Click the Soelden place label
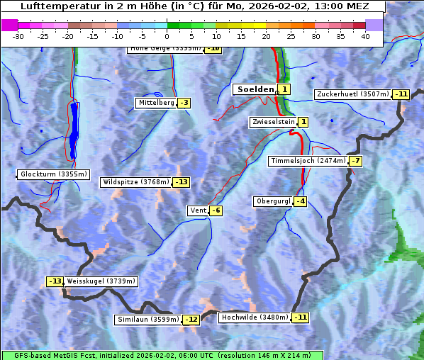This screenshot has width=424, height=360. click(254, 89)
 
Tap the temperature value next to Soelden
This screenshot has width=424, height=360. click(284, 89)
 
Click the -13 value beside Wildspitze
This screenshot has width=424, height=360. click(182, 182)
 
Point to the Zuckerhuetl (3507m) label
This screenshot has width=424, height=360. click(353, 94)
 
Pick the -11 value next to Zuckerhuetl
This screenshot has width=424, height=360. click(402, 94)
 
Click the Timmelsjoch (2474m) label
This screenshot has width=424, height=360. click(308, 161)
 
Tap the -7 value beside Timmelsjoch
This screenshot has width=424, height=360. click(355, 161)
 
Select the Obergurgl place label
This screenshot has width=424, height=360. click(273, 201)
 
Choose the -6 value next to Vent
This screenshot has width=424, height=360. click(216, 210)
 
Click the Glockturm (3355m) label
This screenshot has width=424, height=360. click(54, 174)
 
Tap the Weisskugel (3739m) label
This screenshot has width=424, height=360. click(101, 281)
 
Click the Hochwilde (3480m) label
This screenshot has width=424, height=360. click(255, 317)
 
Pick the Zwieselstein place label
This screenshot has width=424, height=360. click(272, 122)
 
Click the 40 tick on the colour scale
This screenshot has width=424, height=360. click(365, 36)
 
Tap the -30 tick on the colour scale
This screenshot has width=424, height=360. click(18, 36)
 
